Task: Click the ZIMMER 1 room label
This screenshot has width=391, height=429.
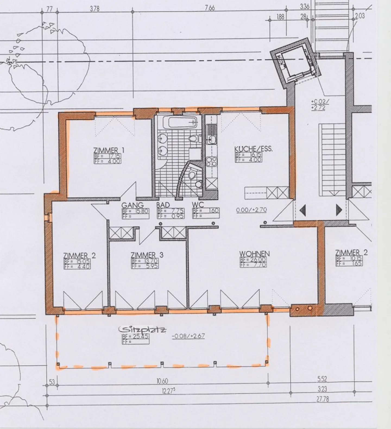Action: click(x=109, y=150)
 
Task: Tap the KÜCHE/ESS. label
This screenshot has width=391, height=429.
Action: click(x=253, y=149)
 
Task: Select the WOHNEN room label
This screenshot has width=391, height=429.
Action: click(x=254, y=254)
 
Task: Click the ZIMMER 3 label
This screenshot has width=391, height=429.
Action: click(x=147, y=255)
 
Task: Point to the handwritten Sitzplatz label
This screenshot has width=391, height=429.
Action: click(x=143, y=330)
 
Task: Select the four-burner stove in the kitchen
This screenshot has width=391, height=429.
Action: click(x=211, y=162)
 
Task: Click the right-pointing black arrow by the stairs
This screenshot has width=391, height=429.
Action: click(x=339, y=209)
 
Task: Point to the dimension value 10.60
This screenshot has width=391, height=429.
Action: click(x=162, y=381)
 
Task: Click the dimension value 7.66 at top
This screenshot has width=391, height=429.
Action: click(x=210, y=8)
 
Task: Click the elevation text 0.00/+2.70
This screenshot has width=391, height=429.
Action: click(x=251, y=210)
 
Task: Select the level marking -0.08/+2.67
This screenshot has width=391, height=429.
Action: click(x=188, y=336)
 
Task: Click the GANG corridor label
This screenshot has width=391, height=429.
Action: click(x=132, y=205)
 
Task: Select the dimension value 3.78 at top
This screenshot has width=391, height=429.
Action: click(x=94, y=9)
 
